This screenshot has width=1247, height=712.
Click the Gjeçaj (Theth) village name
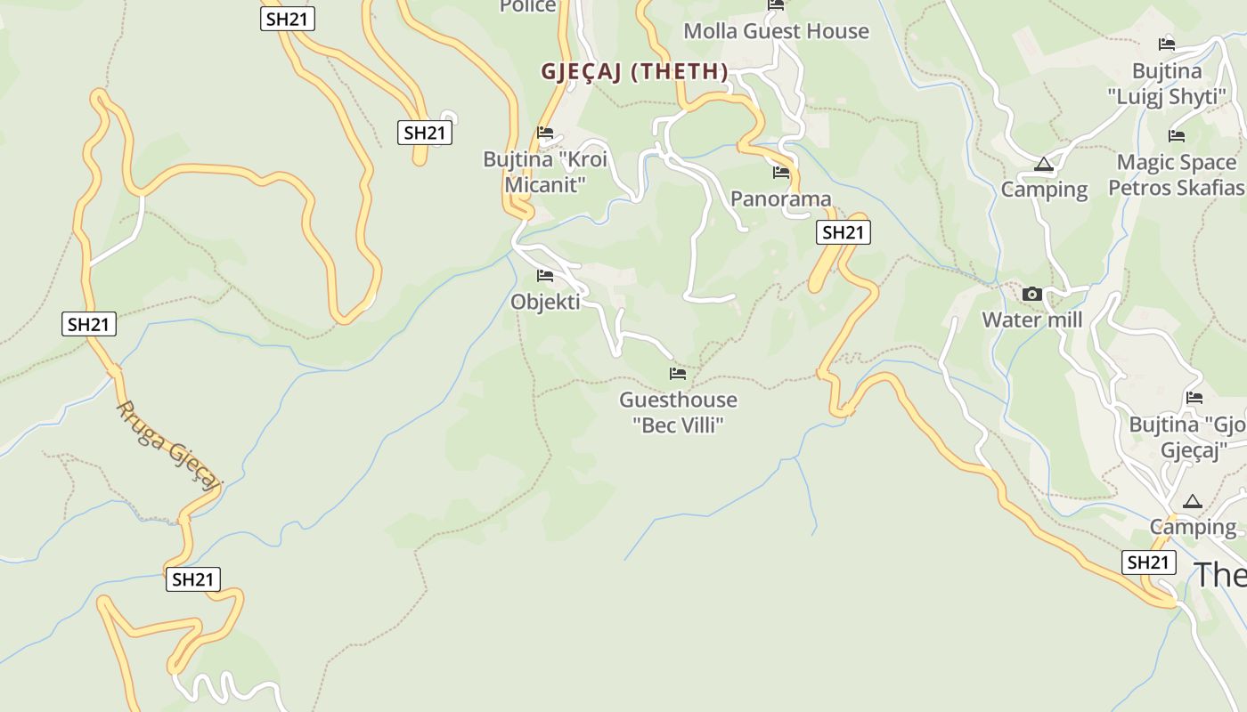click(x=634, y=72)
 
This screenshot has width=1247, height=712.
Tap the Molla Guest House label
click(x=776, y=31)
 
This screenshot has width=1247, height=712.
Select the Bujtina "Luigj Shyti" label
click(x=1167, y=84)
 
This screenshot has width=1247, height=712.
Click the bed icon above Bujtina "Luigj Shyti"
click(x=1167, y=44)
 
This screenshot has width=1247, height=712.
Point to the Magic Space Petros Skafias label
click(x=1177, y=175)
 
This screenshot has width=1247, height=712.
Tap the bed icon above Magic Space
click(x=1177, y=136)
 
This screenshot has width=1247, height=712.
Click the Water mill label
click(x=1032, y=320)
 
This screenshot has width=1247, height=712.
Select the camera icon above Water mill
click(x=1032, y=294)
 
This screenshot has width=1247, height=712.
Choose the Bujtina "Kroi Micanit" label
click(x=545, y=172)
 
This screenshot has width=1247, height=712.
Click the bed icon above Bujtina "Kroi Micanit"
click(x=545, y=133)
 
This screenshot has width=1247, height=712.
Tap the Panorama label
click(x=781, y=198)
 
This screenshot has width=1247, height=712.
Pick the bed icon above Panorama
click(x=781, y=173)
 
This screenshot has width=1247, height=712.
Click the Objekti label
click(x=545, y=302)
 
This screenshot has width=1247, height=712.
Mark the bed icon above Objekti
click(x=545, y=276)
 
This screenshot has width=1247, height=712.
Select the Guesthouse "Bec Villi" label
click(x=679, y=412)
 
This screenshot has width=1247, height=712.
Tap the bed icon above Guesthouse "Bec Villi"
click(x=678, y=374)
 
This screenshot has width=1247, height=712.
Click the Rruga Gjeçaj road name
click(x=168, y=444)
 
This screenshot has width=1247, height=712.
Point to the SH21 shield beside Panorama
click(x=843, y=233)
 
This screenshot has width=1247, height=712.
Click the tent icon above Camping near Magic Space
click(x=1044, y=165)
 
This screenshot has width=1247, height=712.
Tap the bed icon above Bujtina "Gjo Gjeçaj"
click(x=1194, y=398)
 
